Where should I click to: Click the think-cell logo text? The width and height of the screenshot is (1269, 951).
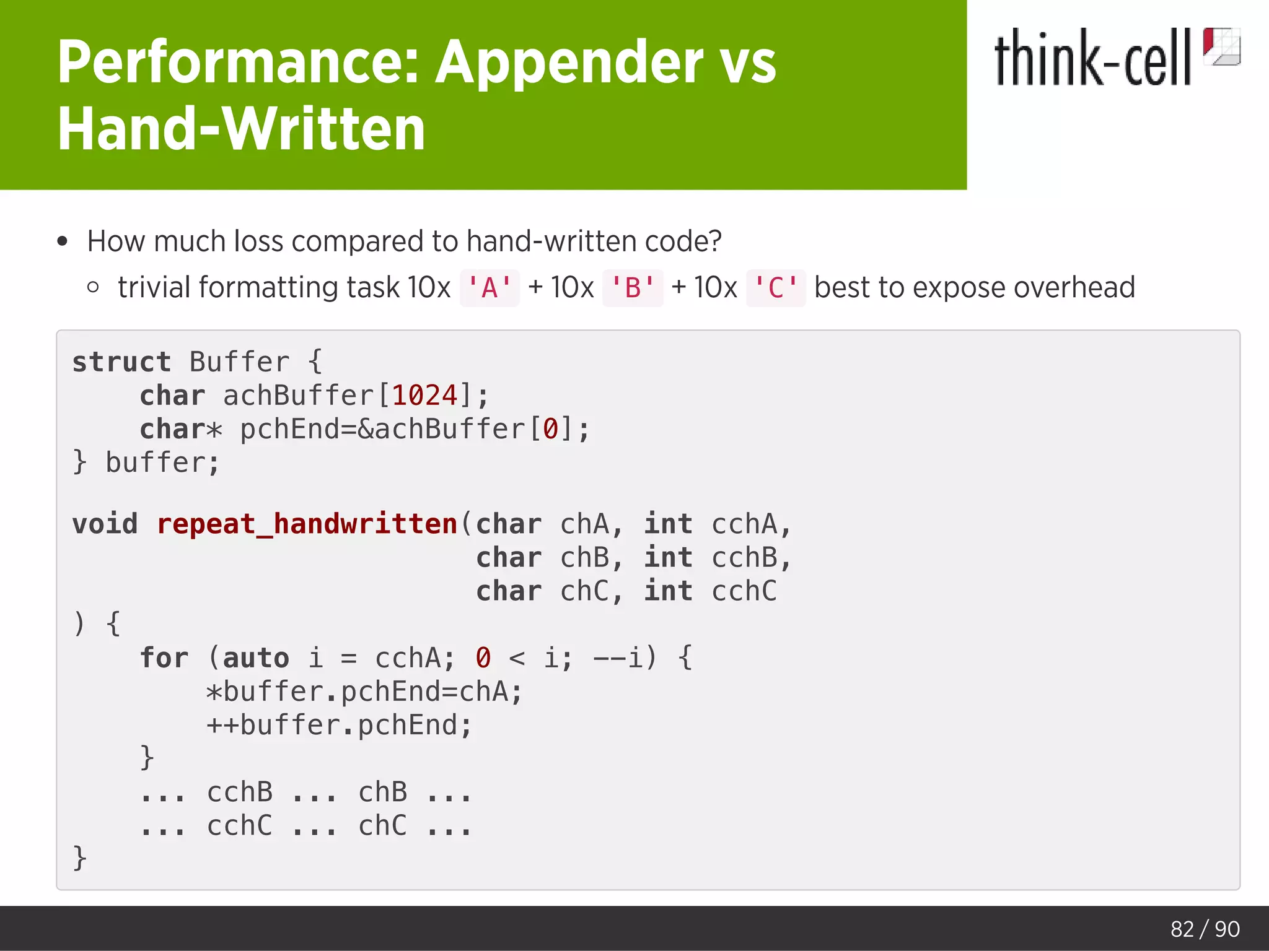pos(1092,58)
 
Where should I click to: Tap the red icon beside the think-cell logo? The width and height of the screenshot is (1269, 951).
pos(1221,46)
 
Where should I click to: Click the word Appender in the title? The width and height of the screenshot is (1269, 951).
pos(569,62)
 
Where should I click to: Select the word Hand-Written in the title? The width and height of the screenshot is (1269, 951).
pos(242,129)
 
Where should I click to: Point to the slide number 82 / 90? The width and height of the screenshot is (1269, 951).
pos(1205,929)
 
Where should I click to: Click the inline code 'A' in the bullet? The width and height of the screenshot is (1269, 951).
pos(490,288)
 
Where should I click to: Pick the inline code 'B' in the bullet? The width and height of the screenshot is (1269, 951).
pos(633,288)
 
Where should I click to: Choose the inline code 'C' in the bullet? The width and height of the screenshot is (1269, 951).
pos(776,288)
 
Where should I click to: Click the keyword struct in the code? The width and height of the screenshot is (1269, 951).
pos(121,362)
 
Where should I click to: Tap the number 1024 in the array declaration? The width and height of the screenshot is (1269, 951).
pos(425,396)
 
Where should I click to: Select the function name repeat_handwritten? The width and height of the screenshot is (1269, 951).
pos(307,524)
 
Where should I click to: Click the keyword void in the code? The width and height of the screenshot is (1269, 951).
pos(105,524)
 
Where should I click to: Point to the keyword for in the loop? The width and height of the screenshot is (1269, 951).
pos(164,658)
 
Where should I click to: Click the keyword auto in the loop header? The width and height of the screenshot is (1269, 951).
pos(255,658)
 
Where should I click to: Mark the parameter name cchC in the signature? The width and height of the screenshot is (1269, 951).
pos(744,591)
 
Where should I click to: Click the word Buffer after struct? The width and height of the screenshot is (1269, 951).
pos(239,362)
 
